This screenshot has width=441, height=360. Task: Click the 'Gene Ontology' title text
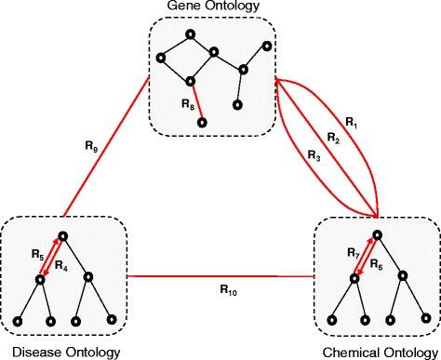[x=212, y=7]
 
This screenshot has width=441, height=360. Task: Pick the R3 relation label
[x=314, y=157]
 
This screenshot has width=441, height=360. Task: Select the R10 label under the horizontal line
[x=220, y=291]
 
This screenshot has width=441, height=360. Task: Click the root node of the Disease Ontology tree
[x=62, y=237]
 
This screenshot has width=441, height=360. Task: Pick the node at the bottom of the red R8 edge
[x=202, y=123]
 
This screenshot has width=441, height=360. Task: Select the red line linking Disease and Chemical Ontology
[x=220, y=276]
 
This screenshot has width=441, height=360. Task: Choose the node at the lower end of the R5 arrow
[x=40, y=278]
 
